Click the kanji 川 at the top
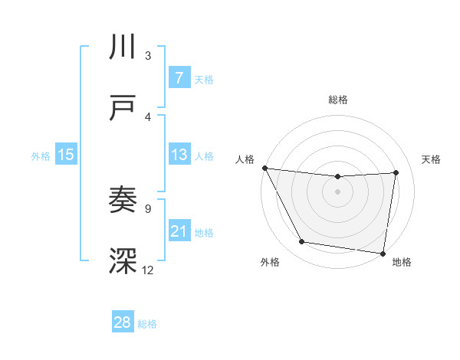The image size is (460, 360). click(123, 47)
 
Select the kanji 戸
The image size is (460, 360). click(123, 108)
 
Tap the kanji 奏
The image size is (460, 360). click(123, 201)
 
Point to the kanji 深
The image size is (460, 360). click(123, 261)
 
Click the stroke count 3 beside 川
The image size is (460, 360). click(148, 55)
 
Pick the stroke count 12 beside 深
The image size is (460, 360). click(148, 270)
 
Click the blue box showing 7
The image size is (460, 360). click(179, 78)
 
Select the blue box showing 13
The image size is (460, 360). click(179, 155)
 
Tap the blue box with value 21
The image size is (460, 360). click(179, 231)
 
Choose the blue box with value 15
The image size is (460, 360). click(65, 155)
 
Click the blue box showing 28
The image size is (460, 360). click(123, 322)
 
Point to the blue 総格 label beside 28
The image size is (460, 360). click(147, 324)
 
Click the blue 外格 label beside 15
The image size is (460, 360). click(41, 156)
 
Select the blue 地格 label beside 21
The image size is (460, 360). click(204, 233)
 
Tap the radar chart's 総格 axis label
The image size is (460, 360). click(338, 100)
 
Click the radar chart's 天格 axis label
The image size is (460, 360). click(432, 159)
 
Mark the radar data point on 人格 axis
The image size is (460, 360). click(264, 168)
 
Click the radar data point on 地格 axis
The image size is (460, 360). click(383, 253)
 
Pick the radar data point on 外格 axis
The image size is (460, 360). click(301, 242)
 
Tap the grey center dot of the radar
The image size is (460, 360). click(338, 191)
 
